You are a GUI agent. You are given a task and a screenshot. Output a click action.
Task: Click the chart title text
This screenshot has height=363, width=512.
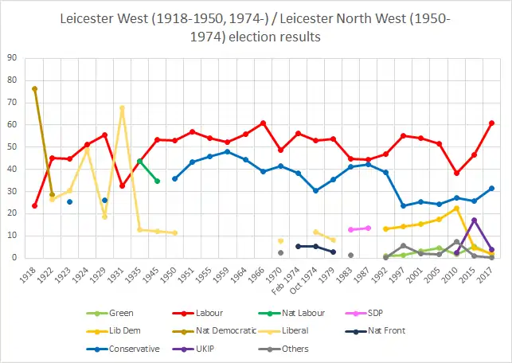click(x=256, y=27)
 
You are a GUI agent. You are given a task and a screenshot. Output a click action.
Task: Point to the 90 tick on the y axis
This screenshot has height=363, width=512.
click(x=12, y=58)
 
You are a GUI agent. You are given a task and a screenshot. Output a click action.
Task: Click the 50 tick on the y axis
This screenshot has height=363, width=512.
click(x=12, y=147)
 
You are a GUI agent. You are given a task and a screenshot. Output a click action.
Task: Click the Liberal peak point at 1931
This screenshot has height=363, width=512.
click(x=122, y=107)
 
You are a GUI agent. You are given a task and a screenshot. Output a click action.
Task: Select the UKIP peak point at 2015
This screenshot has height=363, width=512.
click(x=474, y=220)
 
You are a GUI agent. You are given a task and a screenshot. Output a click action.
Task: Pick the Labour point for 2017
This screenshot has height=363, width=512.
click(x=491, y=123)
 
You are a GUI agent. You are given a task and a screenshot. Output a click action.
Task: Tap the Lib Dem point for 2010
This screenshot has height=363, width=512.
click(x=456, y=208)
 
